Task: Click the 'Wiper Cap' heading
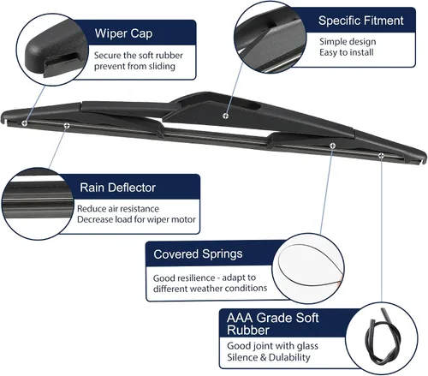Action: point(123,33)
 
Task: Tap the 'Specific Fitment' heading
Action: point(361,21)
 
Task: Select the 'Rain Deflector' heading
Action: point(117,188)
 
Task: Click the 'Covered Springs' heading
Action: point(198,254)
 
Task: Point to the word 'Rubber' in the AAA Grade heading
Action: point(248,331)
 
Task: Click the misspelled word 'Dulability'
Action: point(289,357)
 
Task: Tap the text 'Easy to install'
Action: point(347,52)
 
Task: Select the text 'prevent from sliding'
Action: point(134,66)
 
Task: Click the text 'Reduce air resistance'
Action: point(118,209)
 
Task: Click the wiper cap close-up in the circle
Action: point(54,51)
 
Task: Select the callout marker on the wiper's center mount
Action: point(225,116)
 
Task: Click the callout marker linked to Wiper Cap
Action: point(25,123)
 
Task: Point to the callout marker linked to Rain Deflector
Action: point(67,125)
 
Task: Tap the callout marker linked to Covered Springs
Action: point(332,146)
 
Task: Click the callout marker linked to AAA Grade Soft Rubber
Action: point(381,155)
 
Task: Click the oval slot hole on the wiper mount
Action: point(253,107)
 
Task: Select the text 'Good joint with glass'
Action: point(272,346)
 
